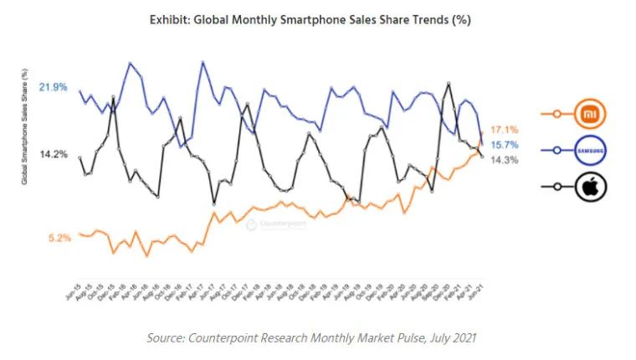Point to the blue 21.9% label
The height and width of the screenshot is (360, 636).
point(53,87)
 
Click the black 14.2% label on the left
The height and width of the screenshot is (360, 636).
point(53,154)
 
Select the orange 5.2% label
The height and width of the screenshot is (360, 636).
point(59,238)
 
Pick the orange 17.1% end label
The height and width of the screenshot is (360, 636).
point(505,130)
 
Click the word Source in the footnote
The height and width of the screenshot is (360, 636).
point(168,337)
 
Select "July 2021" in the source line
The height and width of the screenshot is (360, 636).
point(459,337)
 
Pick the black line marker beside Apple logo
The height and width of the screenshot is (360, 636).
point(556,188)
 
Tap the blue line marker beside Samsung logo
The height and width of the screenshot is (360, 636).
point(556,151)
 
